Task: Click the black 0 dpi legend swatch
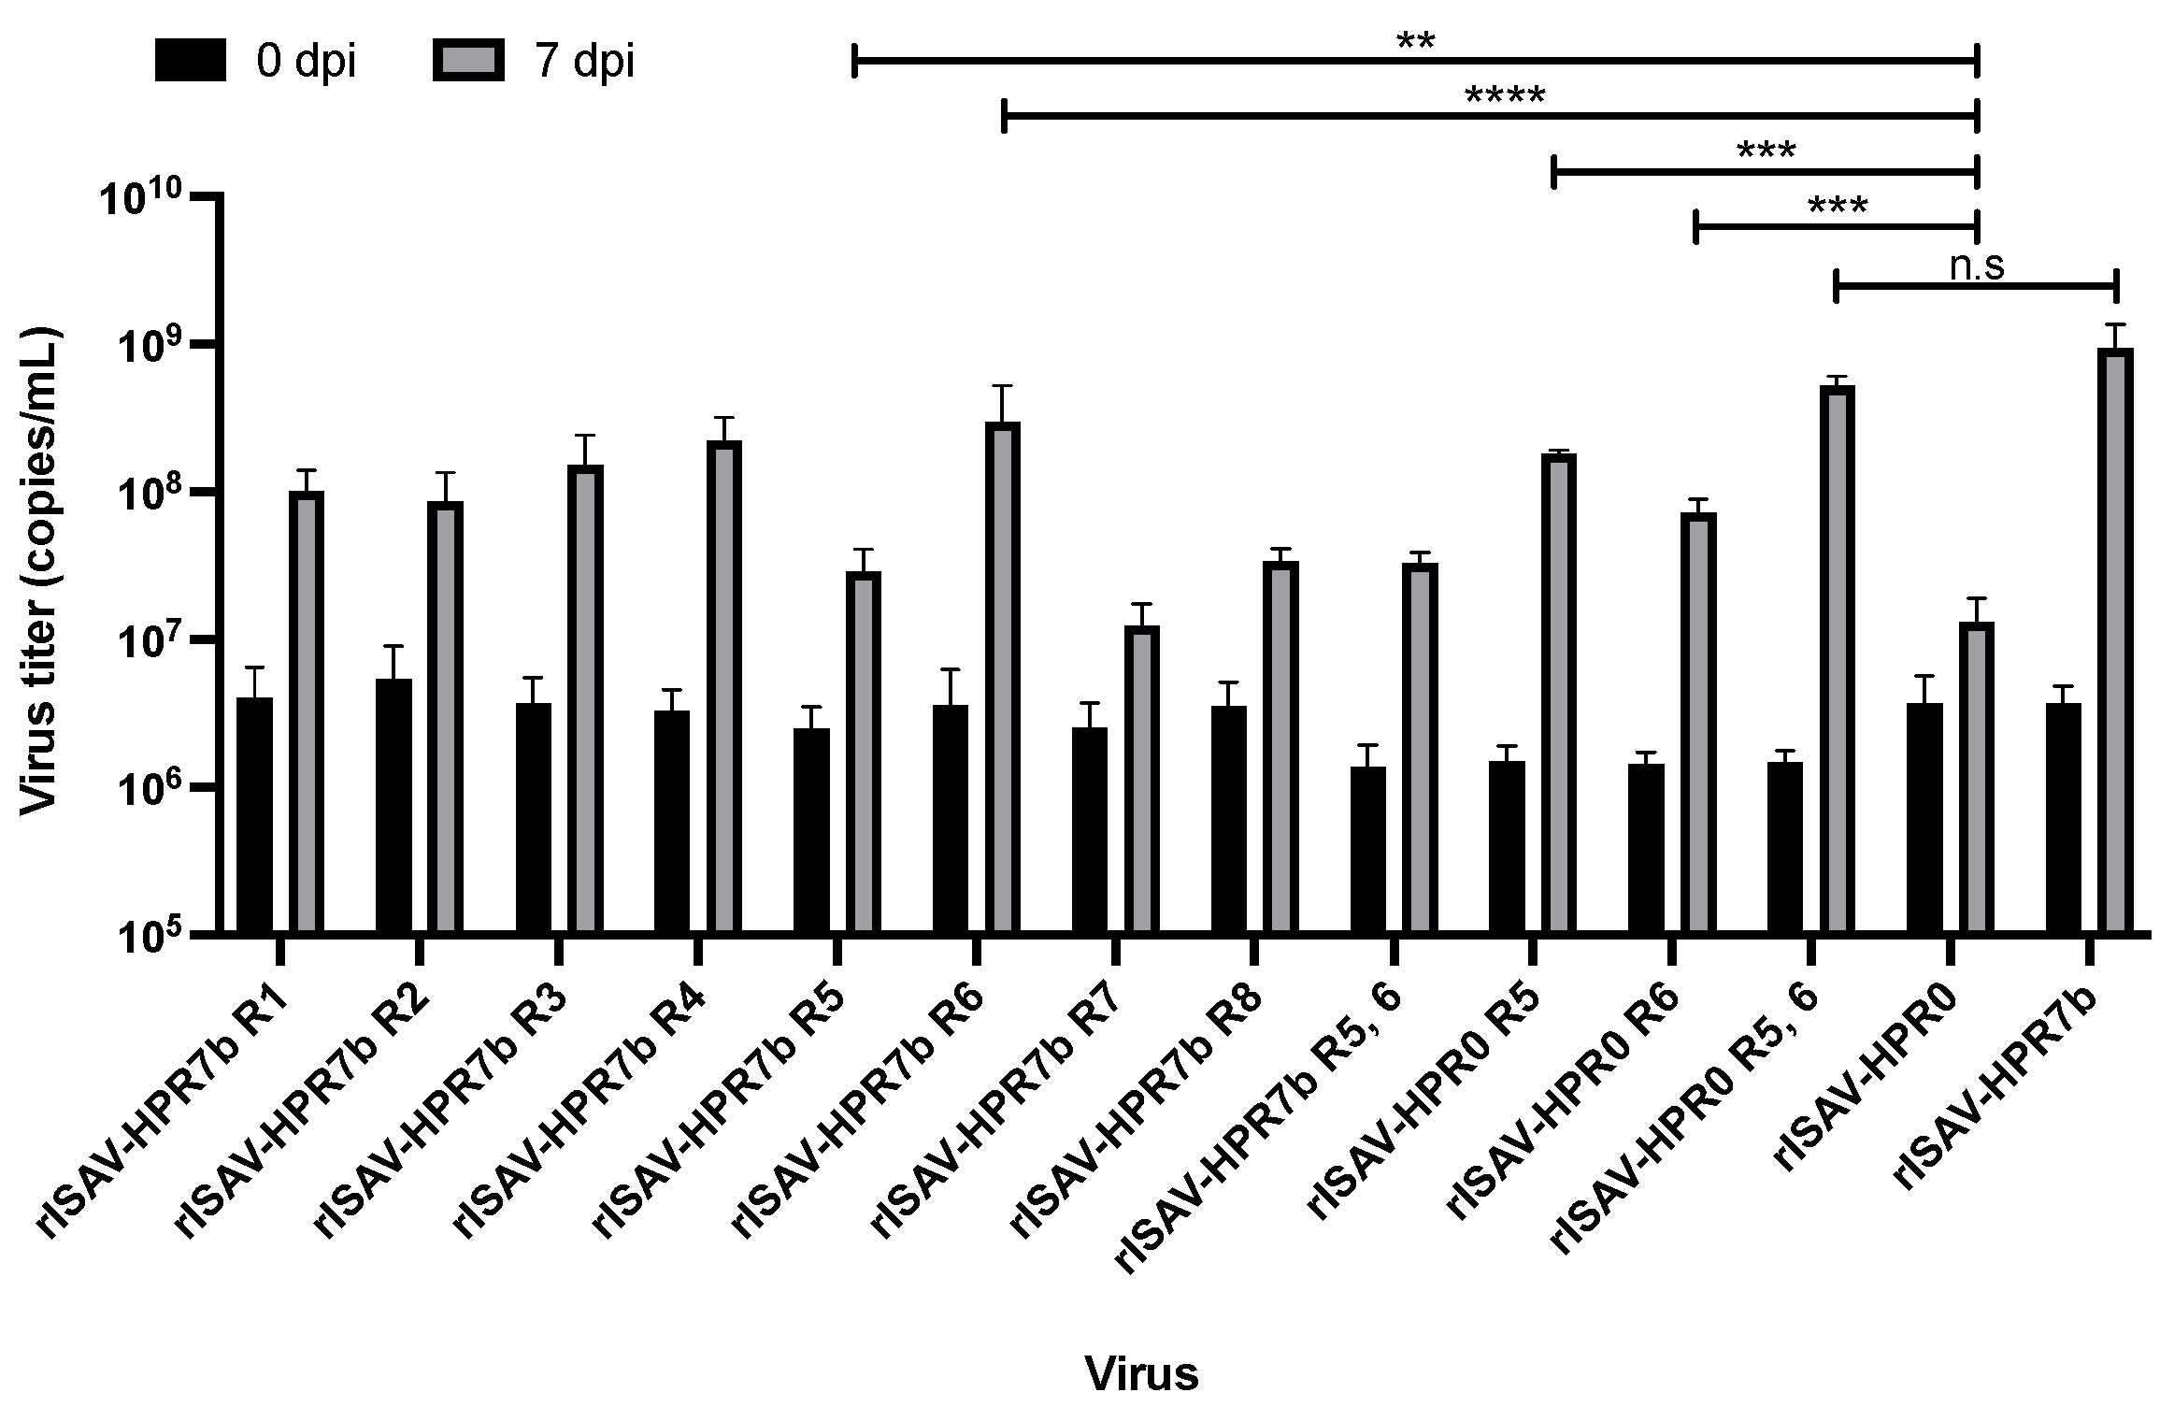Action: point(190,61)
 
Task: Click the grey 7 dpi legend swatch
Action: point(468,61)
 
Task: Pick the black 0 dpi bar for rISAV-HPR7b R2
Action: point(393,804)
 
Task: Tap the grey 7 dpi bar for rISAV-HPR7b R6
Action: point(1002,676)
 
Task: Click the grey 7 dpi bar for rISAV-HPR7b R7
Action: point(1142,778)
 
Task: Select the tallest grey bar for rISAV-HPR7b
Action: point(2116,639)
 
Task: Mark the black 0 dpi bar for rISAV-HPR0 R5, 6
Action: point(1784,847)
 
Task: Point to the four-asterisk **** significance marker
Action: point(1505,97)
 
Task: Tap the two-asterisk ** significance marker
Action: point(1415,43)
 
